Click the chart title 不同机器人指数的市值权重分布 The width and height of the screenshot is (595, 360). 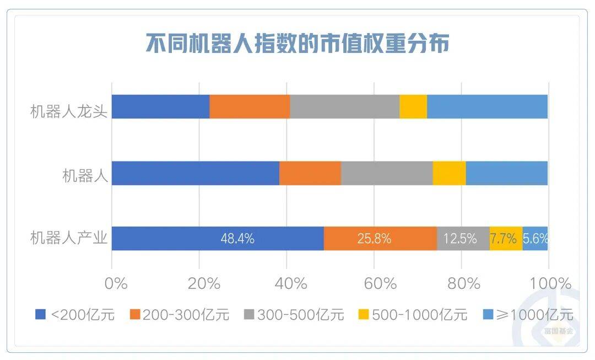pyautogui.click(x=297, y=44)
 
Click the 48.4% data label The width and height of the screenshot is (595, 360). pyautogui.click(x=237, y=239)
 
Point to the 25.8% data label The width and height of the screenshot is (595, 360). pyautogui.click(x=375, y=239)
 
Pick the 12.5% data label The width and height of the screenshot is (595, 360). pyautogui.click(x=460, y=239)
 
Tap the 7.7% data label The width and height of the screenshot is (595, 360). pyautogui.click(x=504, y=239)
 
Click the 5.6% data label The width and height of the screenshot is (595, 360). pyautogui.click(x=535, y=239)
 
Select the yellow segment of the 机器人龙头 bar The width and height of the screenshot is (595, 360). pyautogui.click(x=413, y=106)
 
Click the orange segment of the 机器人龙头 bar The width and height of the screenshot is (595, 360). pyautogui.click(x=250, y=106)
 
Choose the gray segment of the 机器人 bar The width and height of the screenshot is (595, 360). pyautogui.click(x=387, y=173)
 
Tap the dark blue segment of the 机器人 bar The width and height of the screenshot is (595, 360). pyautogui.click(x=196, y=173)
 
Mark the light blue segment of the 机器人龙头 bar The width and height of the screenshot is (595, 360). pyautogui.click(x=487, y=106)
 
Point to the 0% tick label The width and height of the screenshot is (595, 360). pyautogui.click(x=116, y=284)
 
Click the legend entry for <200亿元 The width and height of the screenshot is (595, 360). pyautogui.click(x=75, y=315)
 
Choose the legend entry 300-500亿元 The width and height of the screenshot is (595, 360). pyautogui.click(x=294, y=315)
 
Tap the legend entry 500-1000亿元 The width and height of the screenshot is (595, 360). pyautogui.click(x=412, y=315)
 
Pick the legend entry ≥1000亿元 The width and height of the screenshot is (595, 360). pyautogui.click(x=528, y=315)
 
